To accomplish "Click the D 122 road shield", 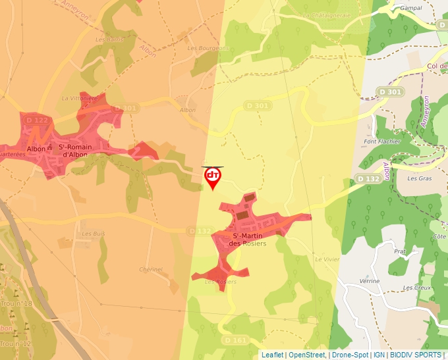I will (x=38, y=120).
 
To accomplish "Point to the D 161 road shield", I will (x=239, y=340).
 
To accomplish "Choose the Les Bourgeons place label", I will (x=208, y=48).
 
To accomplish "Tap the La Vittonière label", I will (x=79, y=97).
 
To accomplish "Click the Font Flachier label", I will (x=382, y=141).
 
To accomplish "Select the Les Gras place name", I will (x=419, y=178).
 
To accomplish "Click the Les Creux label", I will (x=417, y=288).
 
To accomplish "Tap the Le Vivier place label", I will (x=326, y=259).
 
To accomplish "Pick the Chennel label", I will (x=151, y=269).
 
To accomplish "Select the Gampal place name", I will (x=410, y=9).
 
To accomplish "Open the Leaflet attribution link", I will (x=272, y=355).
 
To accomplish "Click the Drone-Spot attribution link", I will (x=350, y=355).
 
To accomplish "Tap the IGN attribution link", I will (x=379, y=355).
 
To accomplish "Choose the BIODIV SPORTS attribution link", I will (x=415, y=355).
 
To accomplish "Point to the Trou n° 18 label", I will (x=16, y=303).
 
